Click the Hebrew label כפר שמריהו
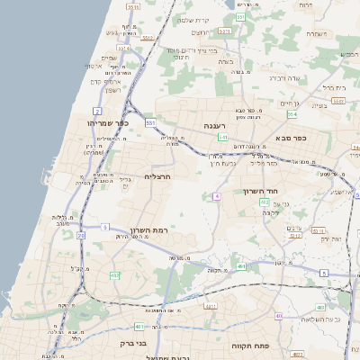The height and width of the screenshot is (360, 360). [109, 122]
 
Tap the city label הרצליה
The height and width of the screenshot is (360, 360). [157, 177]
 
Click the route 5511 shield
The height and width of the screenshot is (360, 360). [134, 7]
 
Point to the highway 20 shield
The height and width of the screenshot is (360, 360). [80, 235]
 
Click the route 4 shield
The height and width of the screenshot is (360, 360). [217, 195]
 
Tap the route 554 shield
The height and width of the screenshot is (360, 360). [292, 114]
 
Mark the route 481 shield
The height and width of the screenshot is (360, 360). [137, 326]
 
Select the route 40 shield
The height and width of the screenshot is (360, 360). [279, 316]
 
